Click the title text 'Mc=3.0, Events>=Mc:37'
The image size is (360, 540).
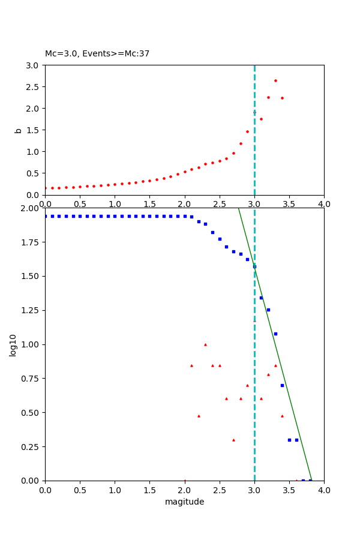click(x=97, y=54)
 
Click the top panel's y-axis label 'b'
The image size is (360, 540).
click(x=18, y=130)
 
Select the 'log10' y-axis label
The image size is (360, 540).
click(x=13, y=344)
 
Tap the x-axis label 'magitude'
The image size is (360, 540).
click(x=184, y=502)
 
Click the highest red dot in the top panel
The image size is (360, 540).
click(x=275, y=80)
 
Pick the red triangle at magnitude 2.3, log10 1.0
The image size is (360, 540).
click(x=205, y=344)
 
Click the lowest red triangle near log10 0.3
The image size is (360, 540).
click(x=233, y=440)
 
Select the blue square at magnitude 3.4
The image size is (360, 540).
click(x=282, y=385)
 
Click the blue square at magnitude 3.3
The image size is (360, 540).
click(x=275, y=334)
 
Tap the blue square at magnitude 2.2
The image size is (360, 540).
click(x=199, y=221)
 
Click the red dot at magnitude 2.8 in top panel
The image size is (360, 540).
click(x=241, y=143)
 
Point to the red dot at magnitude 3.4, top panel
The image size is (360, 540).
click(x=282, y=98)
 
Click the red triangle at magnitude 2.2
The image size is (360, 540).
click(x=199, y=416)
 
